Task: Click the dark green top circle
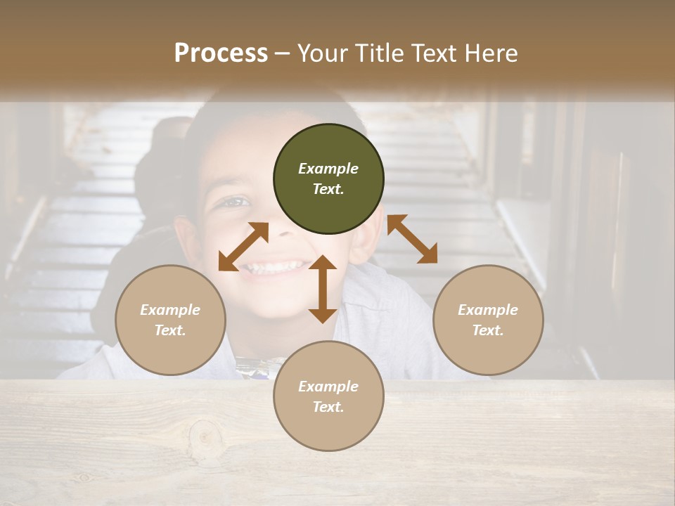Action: (x=328, y=179)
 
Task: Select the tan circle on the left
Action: (x=170, y=320)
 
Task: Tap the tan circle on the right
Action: (x=488, y=320)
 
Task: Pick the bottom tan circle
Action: (x=328, y=396)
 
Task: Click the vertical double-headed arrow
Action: (x=323, y=289)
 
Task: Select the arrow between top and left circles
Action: (x=243, y=246)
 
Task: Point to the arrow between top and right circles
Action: (x=412, y=240)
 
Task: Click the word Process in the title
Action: (x=221, y=53)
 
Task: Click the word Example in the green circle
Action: (x=328, y=169)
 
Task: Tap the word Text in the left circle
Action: (x=170, y=330)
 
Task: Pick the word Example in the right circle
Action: (x=488, y=310)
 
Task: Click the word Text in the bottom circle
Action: (x=328, y=407)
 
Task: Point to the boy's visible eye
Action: (x=236, y=202)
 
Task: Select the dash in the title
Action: (x=282, y=53)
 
